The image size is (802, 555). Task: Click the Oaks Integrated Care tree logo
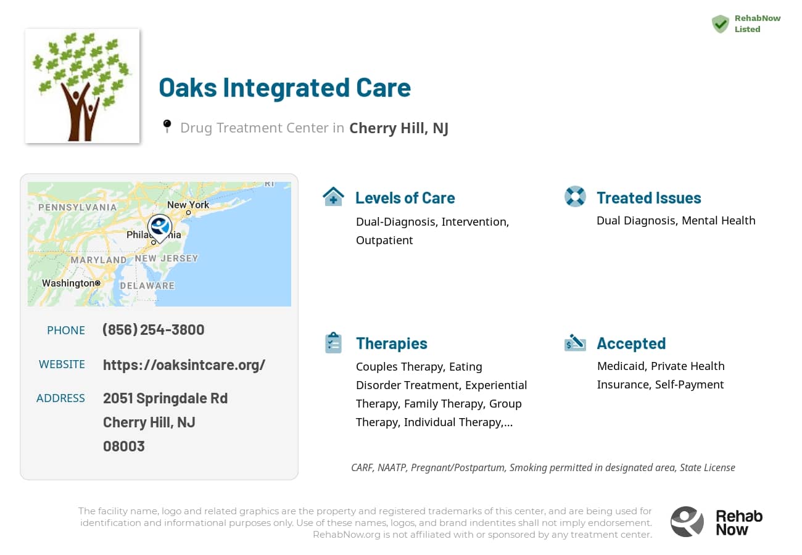pyautogui.click(x=82, y=86)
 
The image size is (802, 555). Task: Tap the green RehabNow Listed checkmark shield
pyautogui.click(x=720, y=24)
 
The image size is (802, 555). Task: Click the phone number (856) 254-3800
pyautogui.click(x=153, y=329)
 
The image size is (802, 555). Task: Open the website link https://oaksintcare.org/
pyautogui.click(x=184, y=364)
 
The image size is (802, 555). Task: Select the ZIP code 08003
pyautogui.click(x=124, y=446)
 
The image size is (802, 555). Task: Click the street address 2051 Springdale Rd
pyautogui.click(x=165, y=398)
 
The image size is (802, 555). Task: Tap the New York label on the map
pyautogui.click(x=188, y=205)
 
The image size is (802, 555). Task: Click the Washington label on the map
pyautogui.click(x=68, y=283)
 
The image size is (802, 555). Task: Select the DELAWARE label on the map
pyautogui.click(x=147, y=286)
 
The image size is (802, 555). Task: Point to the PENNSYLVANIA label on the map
pyautogui.click(x=77, y=207)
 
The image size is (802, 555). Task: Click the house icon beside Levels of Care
pyautogui.click(x=333, y=197)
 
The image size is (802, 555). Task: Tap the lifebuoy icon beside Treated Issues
pyautogui.click(x=575, y=197)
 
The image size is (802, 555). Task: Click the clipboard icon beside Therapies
pyautogui.click(x=333, y=343)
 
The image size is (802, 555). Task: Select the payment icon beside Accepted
pyautogui.click(x=575, y=343)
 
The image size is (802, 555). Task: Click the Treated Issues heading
pyautogui.click(x=649, y=198)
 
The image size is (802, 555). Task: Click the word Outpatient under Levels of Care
pyautogui.click(x=384, y=240)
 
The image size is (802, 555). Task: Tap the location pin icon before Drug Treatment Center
pyautogui.click(x=167, y=126)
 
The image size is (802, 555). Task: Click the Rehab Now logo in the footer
pyautogui.click(x=716, y=522)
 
